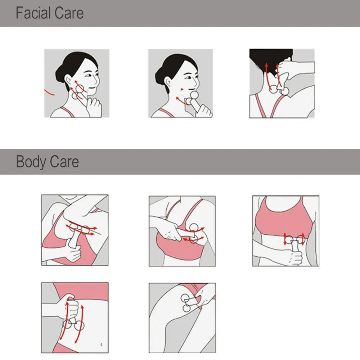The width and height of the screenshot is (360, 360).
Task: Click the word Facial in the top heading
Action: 32,13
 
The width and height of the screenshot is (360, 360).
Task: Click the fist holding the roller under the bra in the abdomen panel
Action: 295,256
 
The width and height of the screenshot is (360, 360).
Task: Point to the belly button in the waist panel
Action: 100,343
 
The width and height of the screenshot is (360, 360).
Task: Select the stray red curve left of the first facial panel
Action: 50,92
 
